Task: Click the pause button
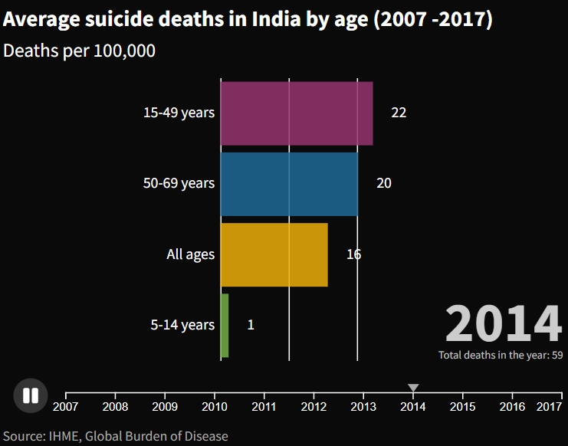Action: pos(31,395)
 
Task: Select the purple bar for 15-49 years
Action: pos(296,113)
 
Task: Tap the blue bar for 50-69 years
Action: pos(288,184)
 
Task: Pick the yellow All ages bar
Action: pos(274,254)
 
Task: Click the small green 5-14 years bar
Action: pos(225,325)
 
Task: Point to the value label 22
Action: pos(399,113)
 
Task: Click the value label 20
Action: pos(383,184)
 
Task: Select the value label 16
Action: pos(353,254)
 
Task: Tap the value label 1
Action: pos(251,325)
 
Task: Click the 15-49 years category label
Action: pos(179,113)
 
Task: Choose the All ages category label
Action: pos(190,254)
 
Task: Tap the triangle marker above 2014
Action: pos(413,388)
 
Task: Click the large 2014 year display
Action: pos(504,323)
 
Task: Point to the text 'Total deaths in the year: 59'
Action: pos(501,356)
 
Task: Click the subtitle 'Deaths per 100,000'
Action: pos(80,51)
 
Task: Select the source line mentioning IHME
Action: pos(115,436)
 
